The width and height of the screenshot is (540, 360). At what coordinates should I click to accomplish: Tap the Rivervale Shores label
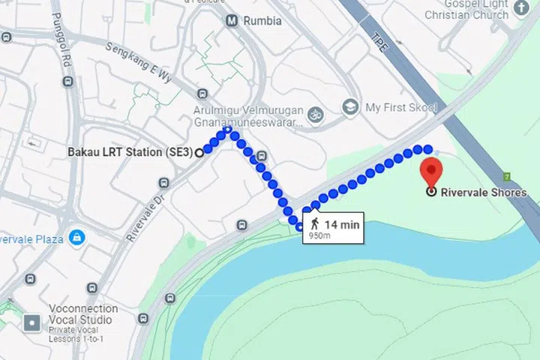[483, 193]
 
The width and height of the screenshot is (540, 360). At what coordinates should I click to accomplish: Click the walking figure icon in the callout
[314, 223]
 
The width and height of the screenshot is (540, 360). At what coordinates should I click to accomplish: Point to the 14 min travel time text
[342, 223]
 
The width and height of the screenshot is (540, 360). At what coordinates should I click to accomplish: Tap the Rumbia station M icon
[232, 20]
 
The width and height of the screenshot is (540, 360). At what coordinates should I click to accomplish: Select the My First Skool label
[400, 108]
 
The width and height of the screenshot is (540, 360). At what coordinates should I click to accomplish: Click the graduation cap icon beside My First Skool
[349, 108]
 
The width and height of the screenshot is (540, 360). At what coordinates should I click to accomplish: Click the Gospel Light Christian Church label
[476, 10]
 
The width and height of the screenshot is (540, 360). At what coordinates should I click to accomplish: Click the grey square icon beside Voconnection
[33, 323]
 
